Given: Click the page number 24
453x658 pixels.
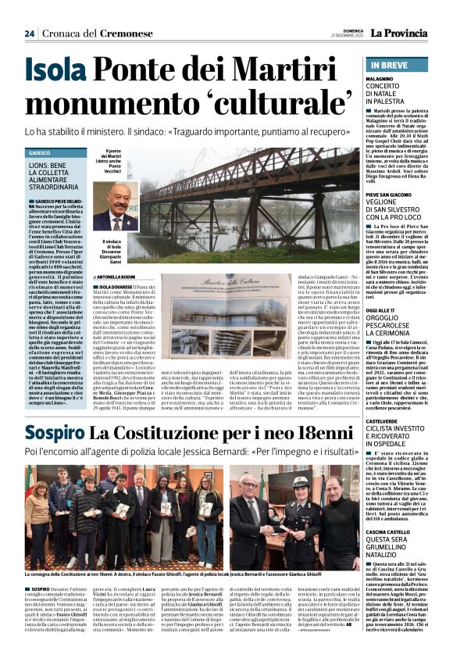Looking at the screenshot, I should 30,34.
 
